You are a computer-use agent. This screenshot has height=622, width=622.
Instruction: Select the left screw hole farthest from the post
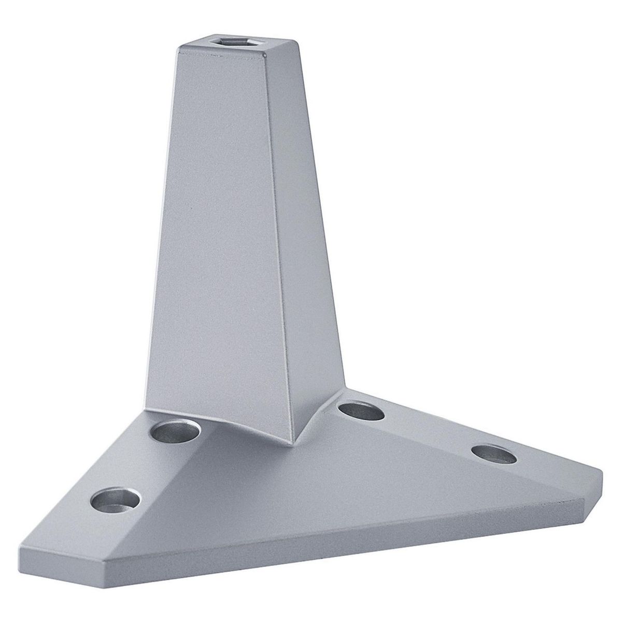click(x=116, y=499)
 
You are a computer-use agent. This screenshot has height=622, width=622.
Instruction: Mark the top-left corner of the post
click(x=177, y=49)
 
